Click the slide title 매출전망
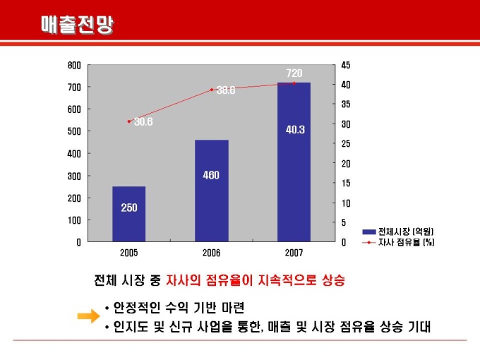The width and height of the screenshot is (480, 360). [78, 25]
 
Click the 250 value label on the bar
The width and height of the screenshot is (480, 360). [129, 208]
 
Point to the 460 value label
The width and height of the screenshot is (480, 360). [211, 175]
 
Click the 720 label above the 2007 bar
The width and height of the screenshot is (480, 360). [294, 73]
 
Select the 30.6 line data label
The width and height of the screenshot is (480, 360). [143, 121]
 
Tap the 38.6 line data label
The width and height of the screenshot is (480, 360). [226, 90]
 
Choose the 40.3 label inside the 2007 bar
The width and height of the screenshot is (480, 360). [295, 130]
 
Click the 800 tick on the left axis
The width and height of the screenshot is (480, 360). [74, 65]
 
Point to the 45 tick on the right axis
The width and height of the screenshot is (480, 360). [345, 65]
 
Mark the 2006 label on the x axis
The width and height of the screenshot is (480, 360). [212, 252]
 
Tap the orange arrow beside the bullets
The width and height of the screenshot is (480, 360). [88, 317]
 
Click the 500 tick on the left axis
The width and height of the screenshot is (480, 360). [74, 131]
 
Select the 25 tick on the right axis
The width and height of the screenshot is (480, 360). [345, 144]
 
